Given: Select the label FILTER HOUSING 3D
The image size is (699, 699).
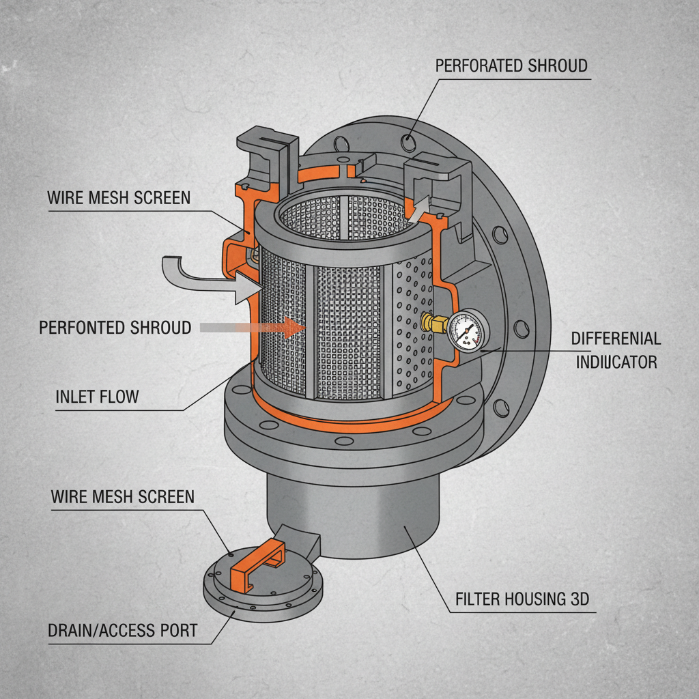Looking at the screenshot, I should pos(522,600).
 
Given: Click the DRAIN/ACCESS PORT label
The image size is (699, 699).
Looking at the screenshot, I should pos(122,630).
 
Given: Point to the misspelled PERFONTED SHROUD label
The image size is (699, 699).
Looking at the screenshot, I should pos(115,328).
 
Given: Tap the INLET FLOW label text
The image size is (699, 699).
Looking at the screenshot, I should pos(97,397).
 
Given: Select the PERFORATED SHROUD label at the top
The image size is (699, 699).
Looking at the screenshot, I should pos(511,66).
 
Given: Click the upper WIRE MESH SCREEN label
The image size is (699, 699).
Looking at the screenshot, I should pos(119,198).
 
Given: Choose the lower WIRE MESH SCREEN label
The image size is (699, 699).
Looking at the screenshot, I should pos(122,496).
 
